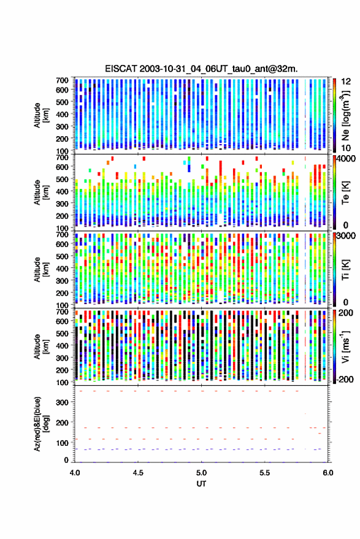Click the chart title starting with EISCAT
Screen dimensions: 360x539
tap(202, 69)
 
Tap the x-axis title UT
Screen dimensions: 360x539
tap(201, 484)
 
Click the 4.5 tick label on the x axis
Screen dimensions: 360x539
tap(138, 473)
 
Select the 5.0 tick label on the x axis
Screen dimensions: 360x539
tap(201, 473)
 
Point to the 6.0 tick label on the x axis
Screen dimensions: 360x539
tap(328, 473)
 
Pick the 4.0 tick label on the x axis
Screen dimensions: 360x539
tap(75, 473)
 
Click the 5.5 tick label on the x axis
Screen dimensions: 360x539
tap(265, 473)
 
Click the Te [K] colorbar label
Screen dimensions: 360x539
tap(345, 193)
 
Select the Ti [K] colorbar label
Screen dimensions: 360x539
tap(345, 270)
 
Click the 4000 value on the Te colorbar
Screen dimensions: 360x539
tap(347, 159)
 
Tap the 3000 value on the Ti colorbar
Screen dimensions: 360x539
tap(347, 236)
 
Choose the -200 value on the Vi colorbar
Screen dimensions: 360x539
tap(345, 380)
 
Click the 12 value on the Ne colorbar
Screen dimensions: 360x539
tap(346, 82)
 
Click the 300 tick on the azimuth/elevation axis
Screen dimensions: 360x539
tap(62, 402)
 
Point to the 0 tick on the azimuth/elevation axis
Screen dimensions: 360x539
tap(66, 460)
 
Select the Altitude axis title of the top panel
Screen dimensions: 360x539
tap(42, 115)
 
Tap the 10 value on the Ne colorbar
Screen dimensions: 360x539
tap(346, 148)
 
